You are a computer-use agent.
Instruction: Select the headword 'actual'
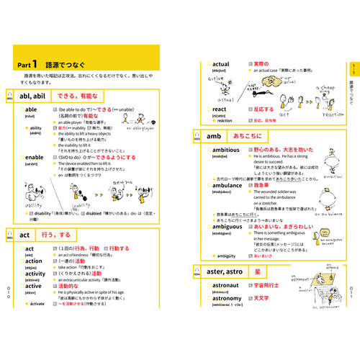(220, 64)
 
